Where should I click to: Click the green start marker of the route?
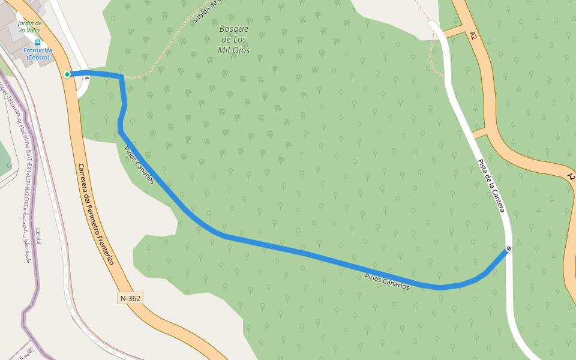[x=67, y=74]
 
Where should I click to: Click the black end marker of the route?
[x=508, y=248]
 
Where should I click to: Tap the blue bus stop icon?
[x=38, y=43]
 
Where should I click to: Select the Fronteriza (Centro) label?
[x=38, y=53]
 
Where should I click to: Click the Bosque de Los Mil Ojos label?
[x=234, y=40]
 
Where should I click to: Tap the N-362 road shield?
[x=130, y=298]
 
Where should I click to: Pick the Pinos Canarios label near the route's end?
[x=387, y=281]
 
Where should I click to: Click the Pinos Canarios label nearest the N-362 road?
[x=139, y=165]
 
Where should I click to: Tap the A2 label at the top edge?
[x=473, y=35]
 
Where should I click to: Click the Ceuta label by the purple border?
[x=38, y=236]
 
